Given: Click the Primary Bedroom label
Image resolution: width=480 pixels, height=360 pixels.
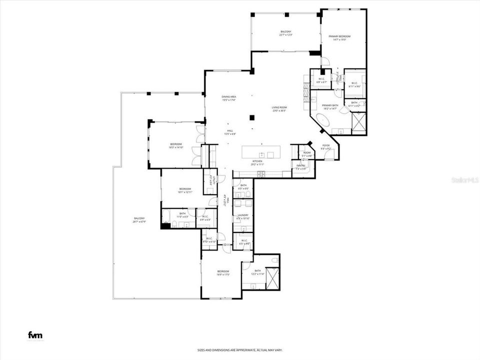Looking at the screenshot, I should pos(339,37).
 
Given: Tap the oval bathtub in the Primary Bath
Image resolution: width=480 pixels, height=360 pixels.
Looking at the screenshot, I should pos(323,120).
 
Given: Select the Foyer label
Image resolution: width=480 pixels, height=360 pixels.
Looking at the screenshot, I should pos(326,145).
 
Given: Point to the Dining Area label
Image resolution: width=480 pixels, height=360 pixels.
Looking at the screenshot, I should pos(229,96).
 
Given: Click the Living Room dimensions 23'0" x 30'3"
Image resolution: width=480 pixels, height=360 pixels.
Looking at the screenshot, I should pos(279,111).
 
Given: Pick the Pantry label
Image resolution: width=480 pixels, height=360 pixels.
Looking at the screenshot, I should pos(300,165).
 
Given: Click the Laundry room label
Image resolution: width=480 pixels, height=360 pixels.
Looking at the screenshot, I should pos(243,215).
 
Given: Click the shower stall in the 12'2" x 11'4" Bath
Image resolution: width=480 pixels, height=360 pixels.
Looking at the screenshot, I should pos(272,278).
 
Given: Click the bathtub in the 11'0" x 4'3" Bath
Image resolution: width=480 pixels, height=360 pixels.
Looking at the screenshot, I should pos(168,219).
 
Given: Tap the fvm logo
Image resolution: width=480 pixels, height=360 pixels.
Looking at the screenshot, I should pos(35,335).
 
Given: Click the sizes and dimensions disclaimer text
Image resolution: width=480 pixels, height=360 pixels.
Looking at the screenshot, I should pos(239,350).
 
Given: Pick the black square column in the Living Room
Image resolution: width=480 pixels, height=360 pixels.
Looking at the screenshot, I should pos(252,118).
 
